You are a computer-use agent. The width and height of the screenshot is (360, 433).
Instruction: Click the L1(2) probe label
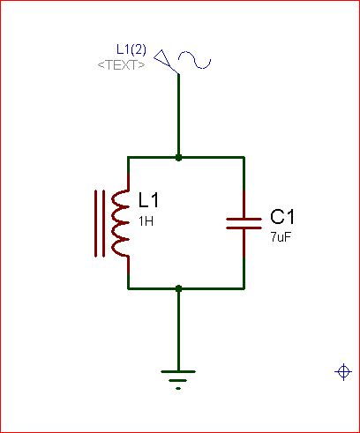pos(131,49)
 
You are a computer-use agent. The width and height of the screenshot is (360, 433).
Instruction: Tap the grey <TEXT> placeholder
pos(121,65)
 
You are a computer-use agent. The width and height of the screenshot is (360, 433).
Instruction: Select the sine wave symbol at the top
pos(195,60)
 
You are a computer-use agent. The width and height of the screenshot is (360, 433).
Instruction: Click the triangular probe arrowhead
pos(162,58)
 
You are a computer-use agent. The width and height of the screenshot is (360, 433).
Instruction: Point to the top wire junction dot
pos(178,158)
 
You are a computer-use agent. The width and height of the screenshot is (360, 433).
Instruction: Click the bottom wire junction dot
pos(178,288)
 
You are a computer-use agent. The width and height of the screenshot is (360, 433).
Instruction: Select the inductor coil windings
pos(120,223)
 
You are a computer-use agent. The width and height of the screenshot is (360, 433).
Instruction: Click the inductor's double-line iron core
pos(100,223)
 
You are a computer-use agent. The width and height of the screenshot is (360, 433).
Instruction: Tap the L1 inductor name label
pos(148,200)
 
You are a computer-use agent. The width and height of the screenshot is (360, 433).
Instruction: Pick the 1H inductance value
pos(146,221)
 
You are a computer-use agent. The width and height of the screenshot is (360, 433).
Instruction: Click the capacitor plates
pos(244,223)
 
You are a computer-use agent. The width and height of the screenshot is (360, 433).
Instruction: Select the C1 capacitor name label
pos(282,217)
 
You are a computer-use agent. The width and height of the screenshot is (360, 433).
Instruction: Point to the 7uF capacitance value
pos(281,237)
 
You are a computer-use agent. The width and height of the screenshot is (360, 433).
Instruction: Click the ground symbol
pos(178,380)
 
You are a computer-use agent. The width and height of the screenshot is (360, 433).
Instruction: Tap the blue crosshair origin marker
pos(343,372)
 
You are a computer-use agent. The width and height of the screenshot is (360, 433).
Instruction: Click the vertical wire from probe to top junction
pos(178,115)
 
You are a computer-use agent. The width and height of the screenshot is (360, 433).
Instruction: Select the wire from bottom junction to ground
pos(178,331)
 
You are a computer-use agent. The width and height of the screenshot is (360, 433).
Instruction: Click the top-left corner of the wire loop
pos(128,158)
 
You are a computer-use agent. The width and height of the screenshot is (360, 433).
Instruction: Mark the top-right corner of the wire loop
pos(244,158)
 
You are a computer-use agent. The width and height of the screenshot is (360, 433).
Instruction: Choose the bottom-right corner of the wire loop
pos(244,288)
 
